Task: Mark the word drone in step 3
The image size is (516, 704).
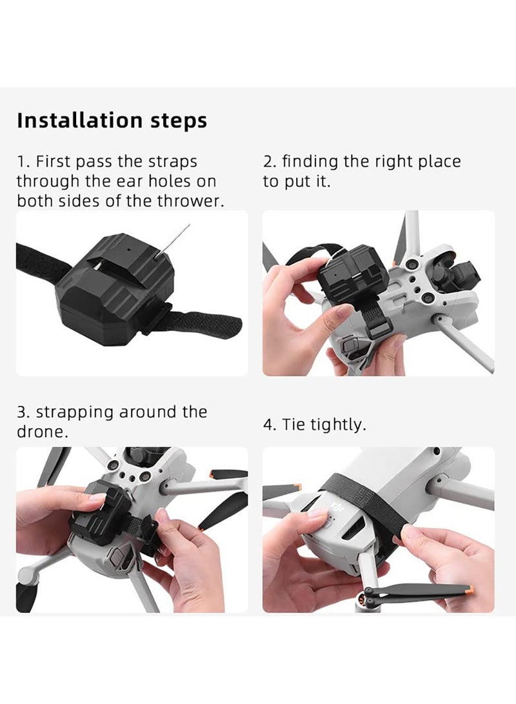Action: (x=41, y=432)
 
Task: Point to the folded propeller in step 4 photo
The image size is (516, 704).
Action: (x=419, y=591)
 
